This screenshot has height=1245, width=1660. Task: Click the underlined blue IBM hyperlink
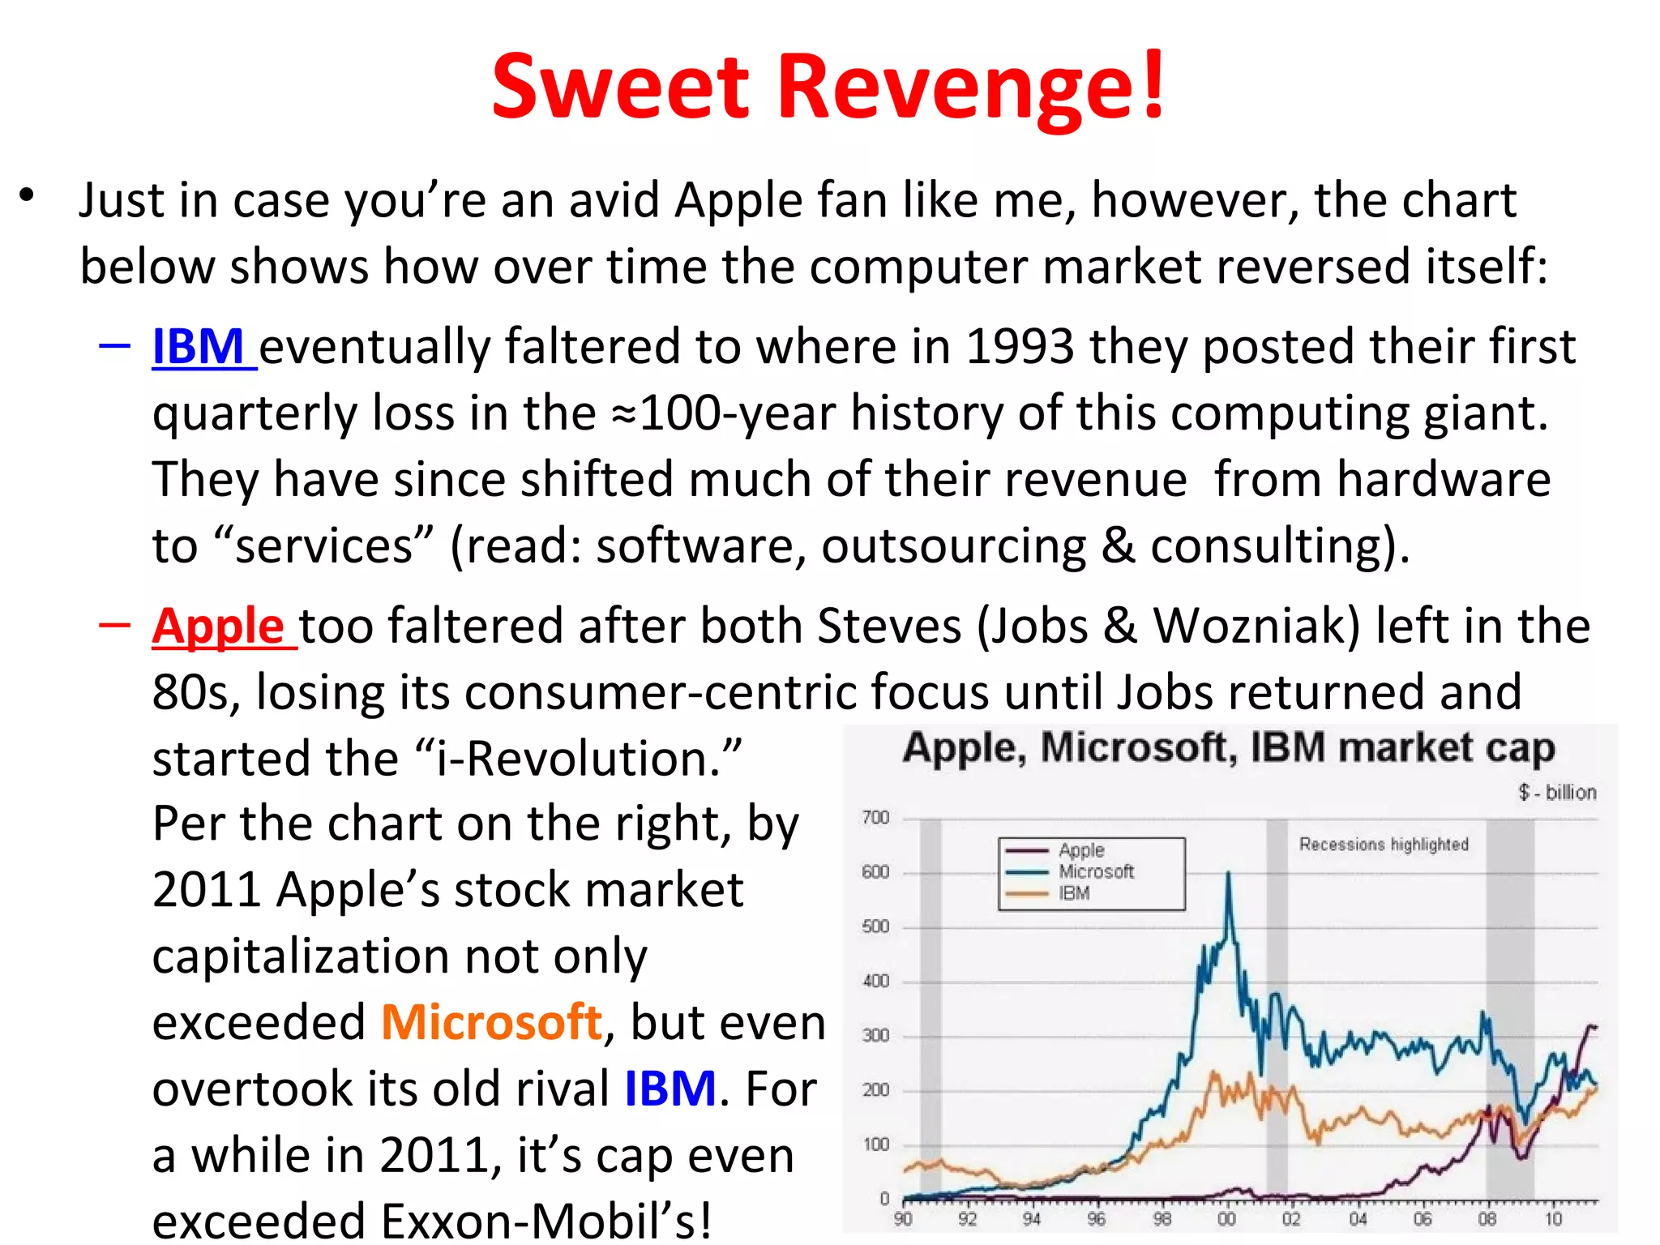pos(199,347)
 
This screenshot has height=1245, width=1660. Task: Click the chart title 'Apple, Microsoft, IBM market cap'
pos(1229,747)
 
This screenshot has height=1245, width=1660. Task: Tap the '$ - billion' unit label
pos(1557,792)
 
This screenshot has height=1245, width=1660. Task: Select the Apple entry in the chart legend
pos(1081,850)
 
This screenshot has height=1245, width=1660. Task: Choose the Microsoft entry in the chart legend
pos(1096,871)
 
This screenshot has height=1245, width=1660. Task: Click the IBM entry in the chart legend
pos(1074,893)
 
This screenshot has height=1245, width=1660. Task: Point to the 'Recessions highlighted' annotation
pos(1384,845)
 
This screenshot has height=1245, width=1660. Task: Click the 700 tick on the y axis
pos(875,818)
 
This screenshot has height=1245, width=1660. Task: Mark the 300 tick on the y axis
pos(875,1035)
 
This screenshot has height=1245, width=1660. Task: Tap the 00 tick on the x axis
pos(1227,1219)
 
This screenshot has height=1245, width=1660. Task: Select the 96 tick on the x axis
pos(1097,1219)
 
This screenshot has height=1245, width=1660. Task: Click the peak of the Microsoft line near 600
pos(1229,875)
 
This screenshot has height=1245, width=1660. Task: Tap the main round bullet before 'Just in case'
pos(28,195)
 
